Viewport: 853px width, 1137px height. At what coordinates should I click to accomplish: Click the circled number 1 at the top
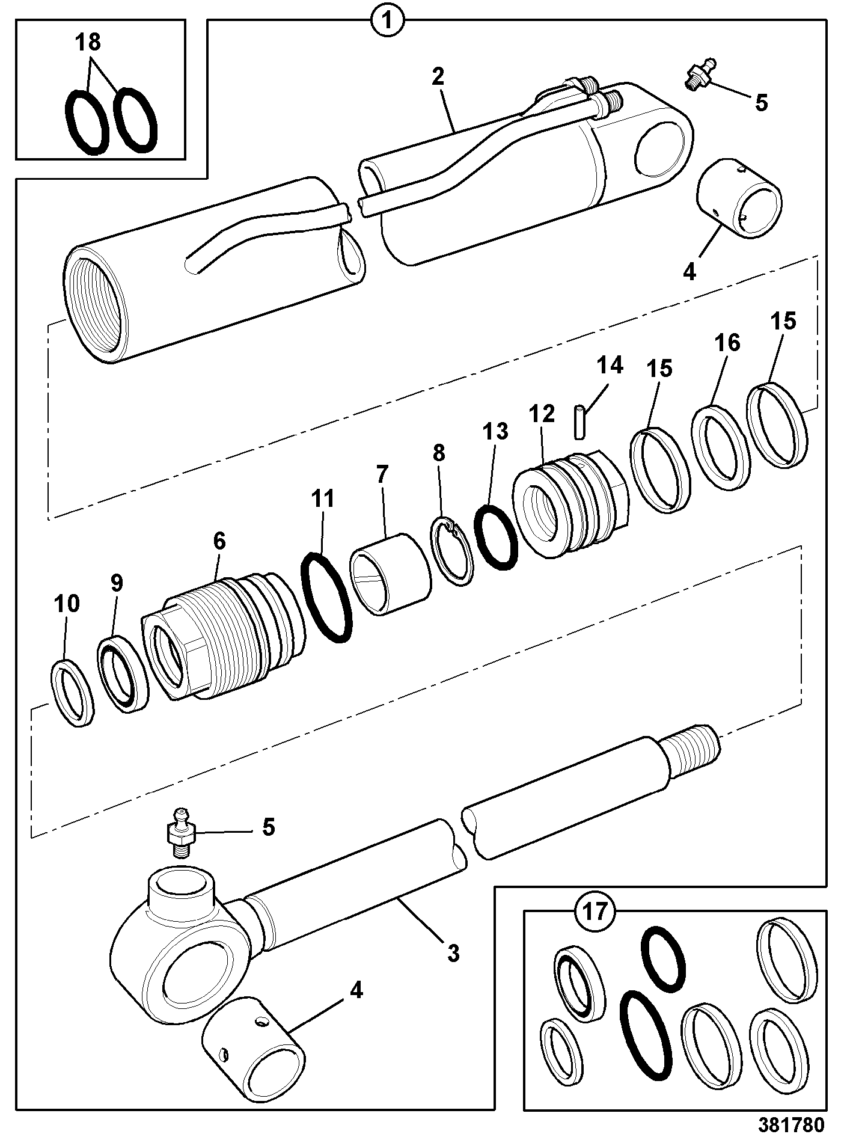[x=388, y=23]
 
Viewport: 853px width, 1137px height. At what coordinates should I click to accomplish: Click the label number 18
[x=88, y=42]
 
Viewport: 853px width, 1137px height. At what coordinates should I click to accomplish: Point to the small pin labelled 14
[x=579, y=423]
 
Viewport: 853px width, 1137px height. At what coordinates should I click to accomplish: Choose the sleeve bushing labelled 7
[x=390, y=574]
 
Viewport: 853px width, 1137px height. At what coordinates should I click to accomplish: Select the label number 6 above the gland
[x=219, y=541]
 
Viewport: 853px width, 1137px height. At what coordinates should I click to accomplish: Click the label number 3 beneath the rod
[x=453, y=952]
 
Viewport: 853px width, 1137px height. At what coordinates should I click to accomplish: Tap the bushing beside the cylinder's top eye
[x=740, y=198]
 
